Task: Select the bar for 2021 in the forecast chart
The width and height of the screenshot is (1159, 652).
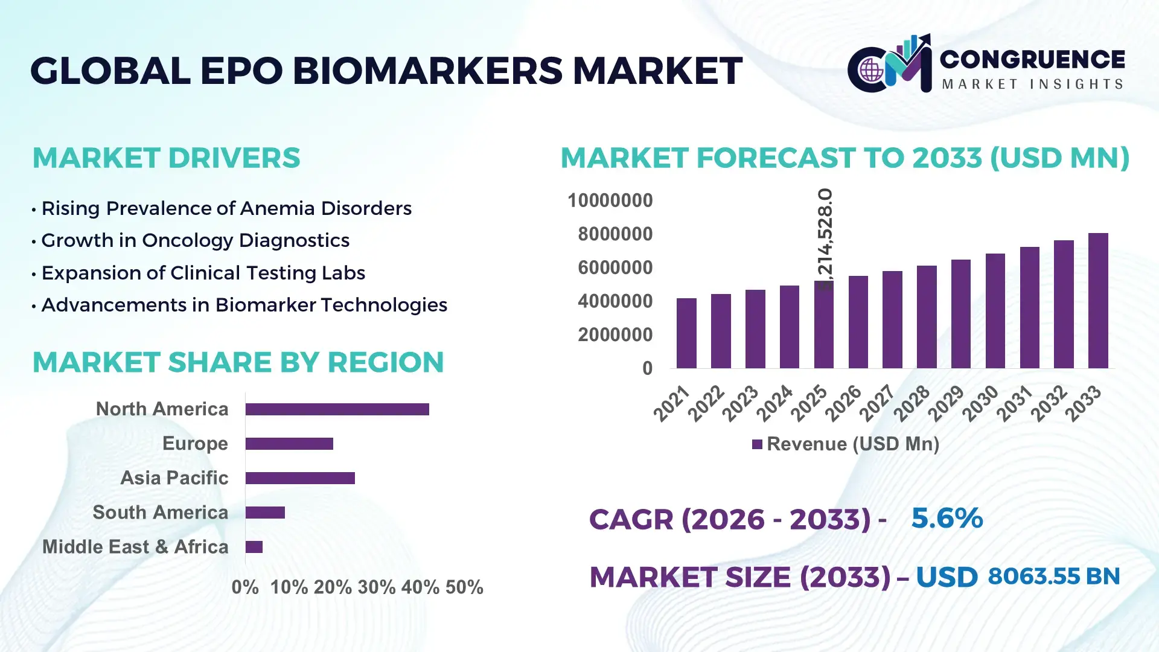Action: [x=686, y=333]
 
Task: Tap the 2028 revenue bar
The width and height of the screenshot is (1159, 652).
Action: [x=926, y=317]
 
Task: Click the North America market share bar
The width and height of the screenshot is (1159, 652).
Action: [x=337, y=409]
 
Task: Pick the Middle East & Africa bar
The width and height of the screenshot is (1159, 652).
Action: [x=254, y=547]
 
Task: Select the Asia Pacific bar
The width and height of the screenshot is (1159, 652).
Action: [x=300, y=478]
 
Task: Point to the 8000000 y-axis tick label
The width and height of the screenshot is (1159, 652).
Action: [x=615, y=234]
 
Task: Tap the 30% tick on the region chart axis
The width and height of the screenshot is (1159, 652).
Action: [x=375, y=587]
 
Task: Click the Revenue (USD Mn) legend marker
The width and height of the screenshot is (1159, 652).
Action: [x=757, y=445]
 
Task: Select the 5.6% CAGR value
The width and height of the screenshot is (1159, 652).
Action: [x=947, y=518]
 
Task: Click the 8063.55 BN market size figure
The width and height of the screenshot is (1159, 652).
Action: [x=1053, y=577]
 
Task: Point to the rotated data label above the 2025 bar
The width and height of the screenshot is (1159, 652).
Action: [x=825, y=238]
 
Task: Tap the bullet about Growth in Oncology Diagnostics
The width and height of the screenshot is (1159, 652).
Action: [x=195, y=240]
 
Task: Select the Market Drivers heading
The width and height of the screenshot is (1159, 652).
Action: [x=166, y=158]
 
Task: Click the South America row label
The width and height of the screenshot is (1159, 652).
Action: [x=160, y=513]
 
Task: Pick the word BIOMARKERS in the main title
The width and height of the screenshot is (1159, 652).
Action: [x=428, y=71]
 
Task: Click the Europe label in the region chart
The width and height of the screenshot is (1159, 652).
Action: [x=195, y=444]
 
